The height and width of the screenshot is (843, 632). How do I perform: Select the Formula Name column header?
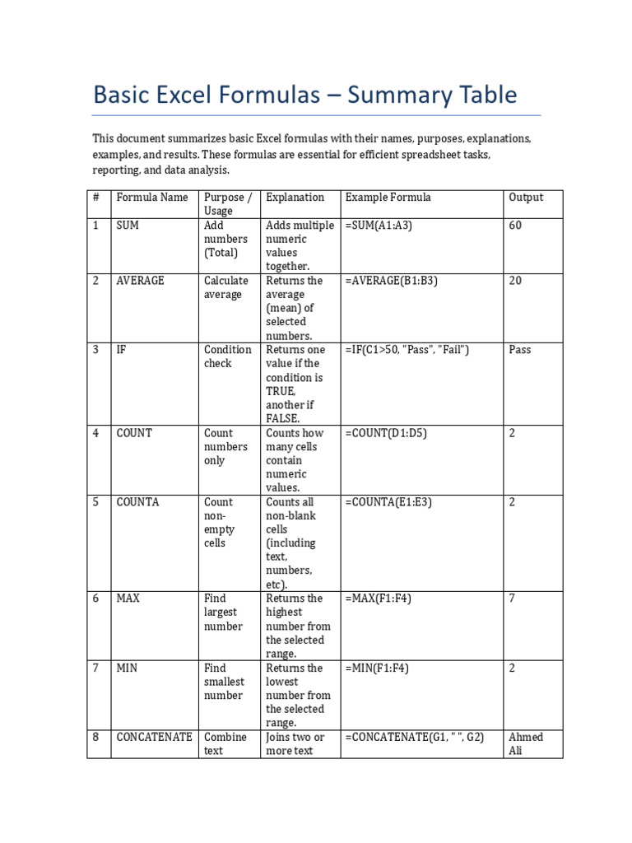click(152, 198)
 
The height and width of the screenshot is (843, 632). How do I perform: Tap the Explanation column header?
click(295, 198)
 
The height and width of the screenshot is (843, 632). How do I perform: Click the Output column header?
click(526, 198)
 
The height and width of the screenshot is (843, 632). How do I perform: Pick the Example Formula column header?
click(388, 198)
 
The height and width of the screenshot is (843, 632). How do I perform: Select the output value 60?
click(515, 226)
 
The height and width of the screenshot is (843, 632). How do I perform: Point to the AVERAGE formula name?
click(141, 281)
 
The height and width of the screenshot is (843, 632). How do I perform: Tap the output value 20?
click(515, 281)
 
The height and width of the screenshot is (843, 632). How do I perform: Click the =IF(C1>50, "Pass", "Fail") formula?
click(407, 350)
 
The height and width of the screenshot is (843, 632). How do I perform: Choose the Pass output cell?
click(520, 350)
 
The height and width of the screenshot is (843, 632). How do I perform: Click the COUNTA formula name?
click(138, 502)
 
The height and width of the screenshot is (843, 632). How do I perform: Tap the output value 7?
click(512, 598)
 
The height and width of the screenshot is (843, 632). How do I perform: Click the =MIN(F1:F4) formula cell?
click(378, 668)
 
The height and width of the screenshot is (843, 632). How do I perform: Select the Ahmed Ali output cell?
click(526, 743)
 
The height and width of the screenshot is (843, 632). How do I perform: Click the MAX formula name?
click(128, 598)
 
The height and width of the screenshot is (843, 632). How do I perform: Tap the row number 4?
click(95, 433)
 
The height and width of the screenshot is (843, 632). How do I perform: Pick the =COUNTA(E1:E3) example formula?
click(390, 502)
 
